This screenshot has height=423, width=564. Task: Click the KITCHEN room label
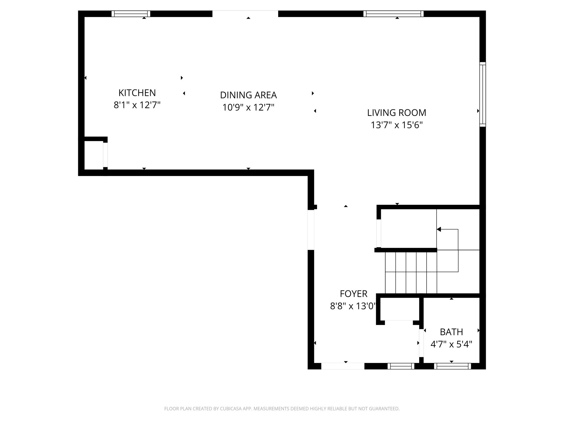tap(137, 93)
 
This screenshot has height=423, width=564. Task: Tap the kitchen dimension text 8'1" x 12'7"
tap(137, 105)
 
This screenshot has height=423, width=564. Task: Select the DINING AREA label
tap(248, 95)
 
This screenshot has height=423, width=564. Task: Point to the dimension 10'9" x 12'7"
tap(248, 107)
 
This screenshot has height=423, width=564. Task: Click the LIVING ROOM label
tap(397, 113)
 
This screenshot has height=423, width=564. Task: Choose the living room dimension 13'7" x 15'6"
tap(397, 125)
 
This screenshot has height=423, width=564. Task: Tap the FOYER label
tap(353, 294)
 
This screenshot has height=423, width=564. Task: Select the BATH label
tap(451, 332)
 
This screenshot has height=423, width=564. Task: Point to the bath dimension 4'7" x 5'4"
tap(451, 344)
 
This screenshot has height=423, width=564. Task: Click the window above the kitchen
tap(131, 14)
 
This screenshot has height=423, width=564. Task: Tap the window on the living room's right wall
tap(482, 94)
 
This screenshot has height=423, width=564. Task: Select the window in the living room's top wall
tap(393, 14)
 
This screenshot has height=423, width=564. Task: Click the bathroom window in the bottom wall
tap(452, 366)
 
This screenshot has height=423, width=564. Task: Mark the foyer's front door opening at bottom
tap(343, 366)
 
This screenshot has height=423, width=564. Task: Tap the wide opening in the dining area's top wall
tap(245, 14)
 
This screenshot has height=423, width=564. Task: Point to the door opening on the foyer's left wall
tap(311, 230)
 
